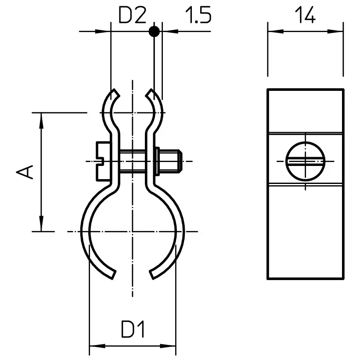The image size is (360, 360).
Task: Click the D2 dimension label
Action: [132, 15]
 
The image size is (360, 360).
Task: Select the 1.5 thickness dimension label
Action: [198, 15]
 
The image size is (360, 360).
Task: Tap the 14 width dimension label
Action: [305, 15]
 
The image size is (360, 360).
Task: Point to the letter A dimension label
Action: [25, 172]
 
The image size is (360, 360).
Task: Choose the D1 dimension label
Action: [133, 329]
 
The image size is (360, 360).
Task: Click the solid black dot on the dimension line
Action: [154, 31]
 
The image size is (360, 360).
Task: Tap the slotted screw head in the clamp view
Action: [104, 162]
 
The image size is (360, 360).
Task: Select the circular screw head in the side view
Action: [306, 162]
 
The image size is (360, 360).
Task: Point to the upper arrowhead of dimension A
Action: [41, 120]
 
